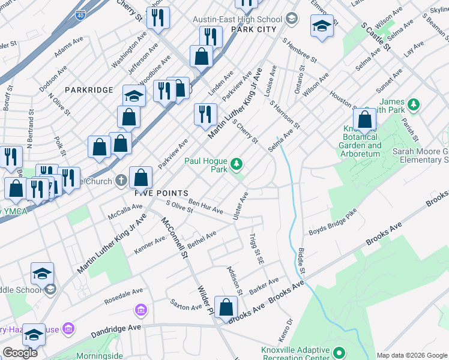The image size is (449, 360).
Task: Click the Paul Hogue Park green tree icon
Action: (x=237, y=163)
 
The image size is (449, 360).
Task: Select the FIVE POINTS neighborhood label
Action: (x=153, y=193)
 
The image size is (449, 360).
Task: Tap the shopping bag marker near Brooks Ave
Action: (x=226, y=308)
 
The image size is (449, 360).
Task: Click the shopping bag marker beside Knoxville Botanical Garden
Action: (x=364, y=120)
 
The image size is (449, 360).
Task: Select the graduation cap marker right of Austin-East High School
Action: (x=322, y=26)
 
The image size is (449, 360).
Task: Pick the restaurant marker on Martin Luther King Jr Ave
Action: (x=205, y=114)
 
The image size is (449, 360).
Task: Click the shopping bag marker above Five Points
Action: (x=140, y=178)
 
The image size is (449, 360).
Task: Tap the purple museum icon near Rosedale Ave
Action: (x=140, y=310)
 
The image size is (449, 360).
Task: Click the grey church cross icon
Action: (x=121, y=179)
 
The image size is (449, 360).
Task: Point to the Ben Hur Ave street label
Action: (x=205, y=207)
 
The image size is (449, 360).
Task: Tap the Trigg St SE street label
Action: (x=256, y=248)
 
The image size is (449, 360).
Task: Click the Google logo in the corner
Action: (x=20, y=353)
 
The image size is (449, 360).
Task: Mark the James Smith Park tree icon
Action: (x=413, y=105)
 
